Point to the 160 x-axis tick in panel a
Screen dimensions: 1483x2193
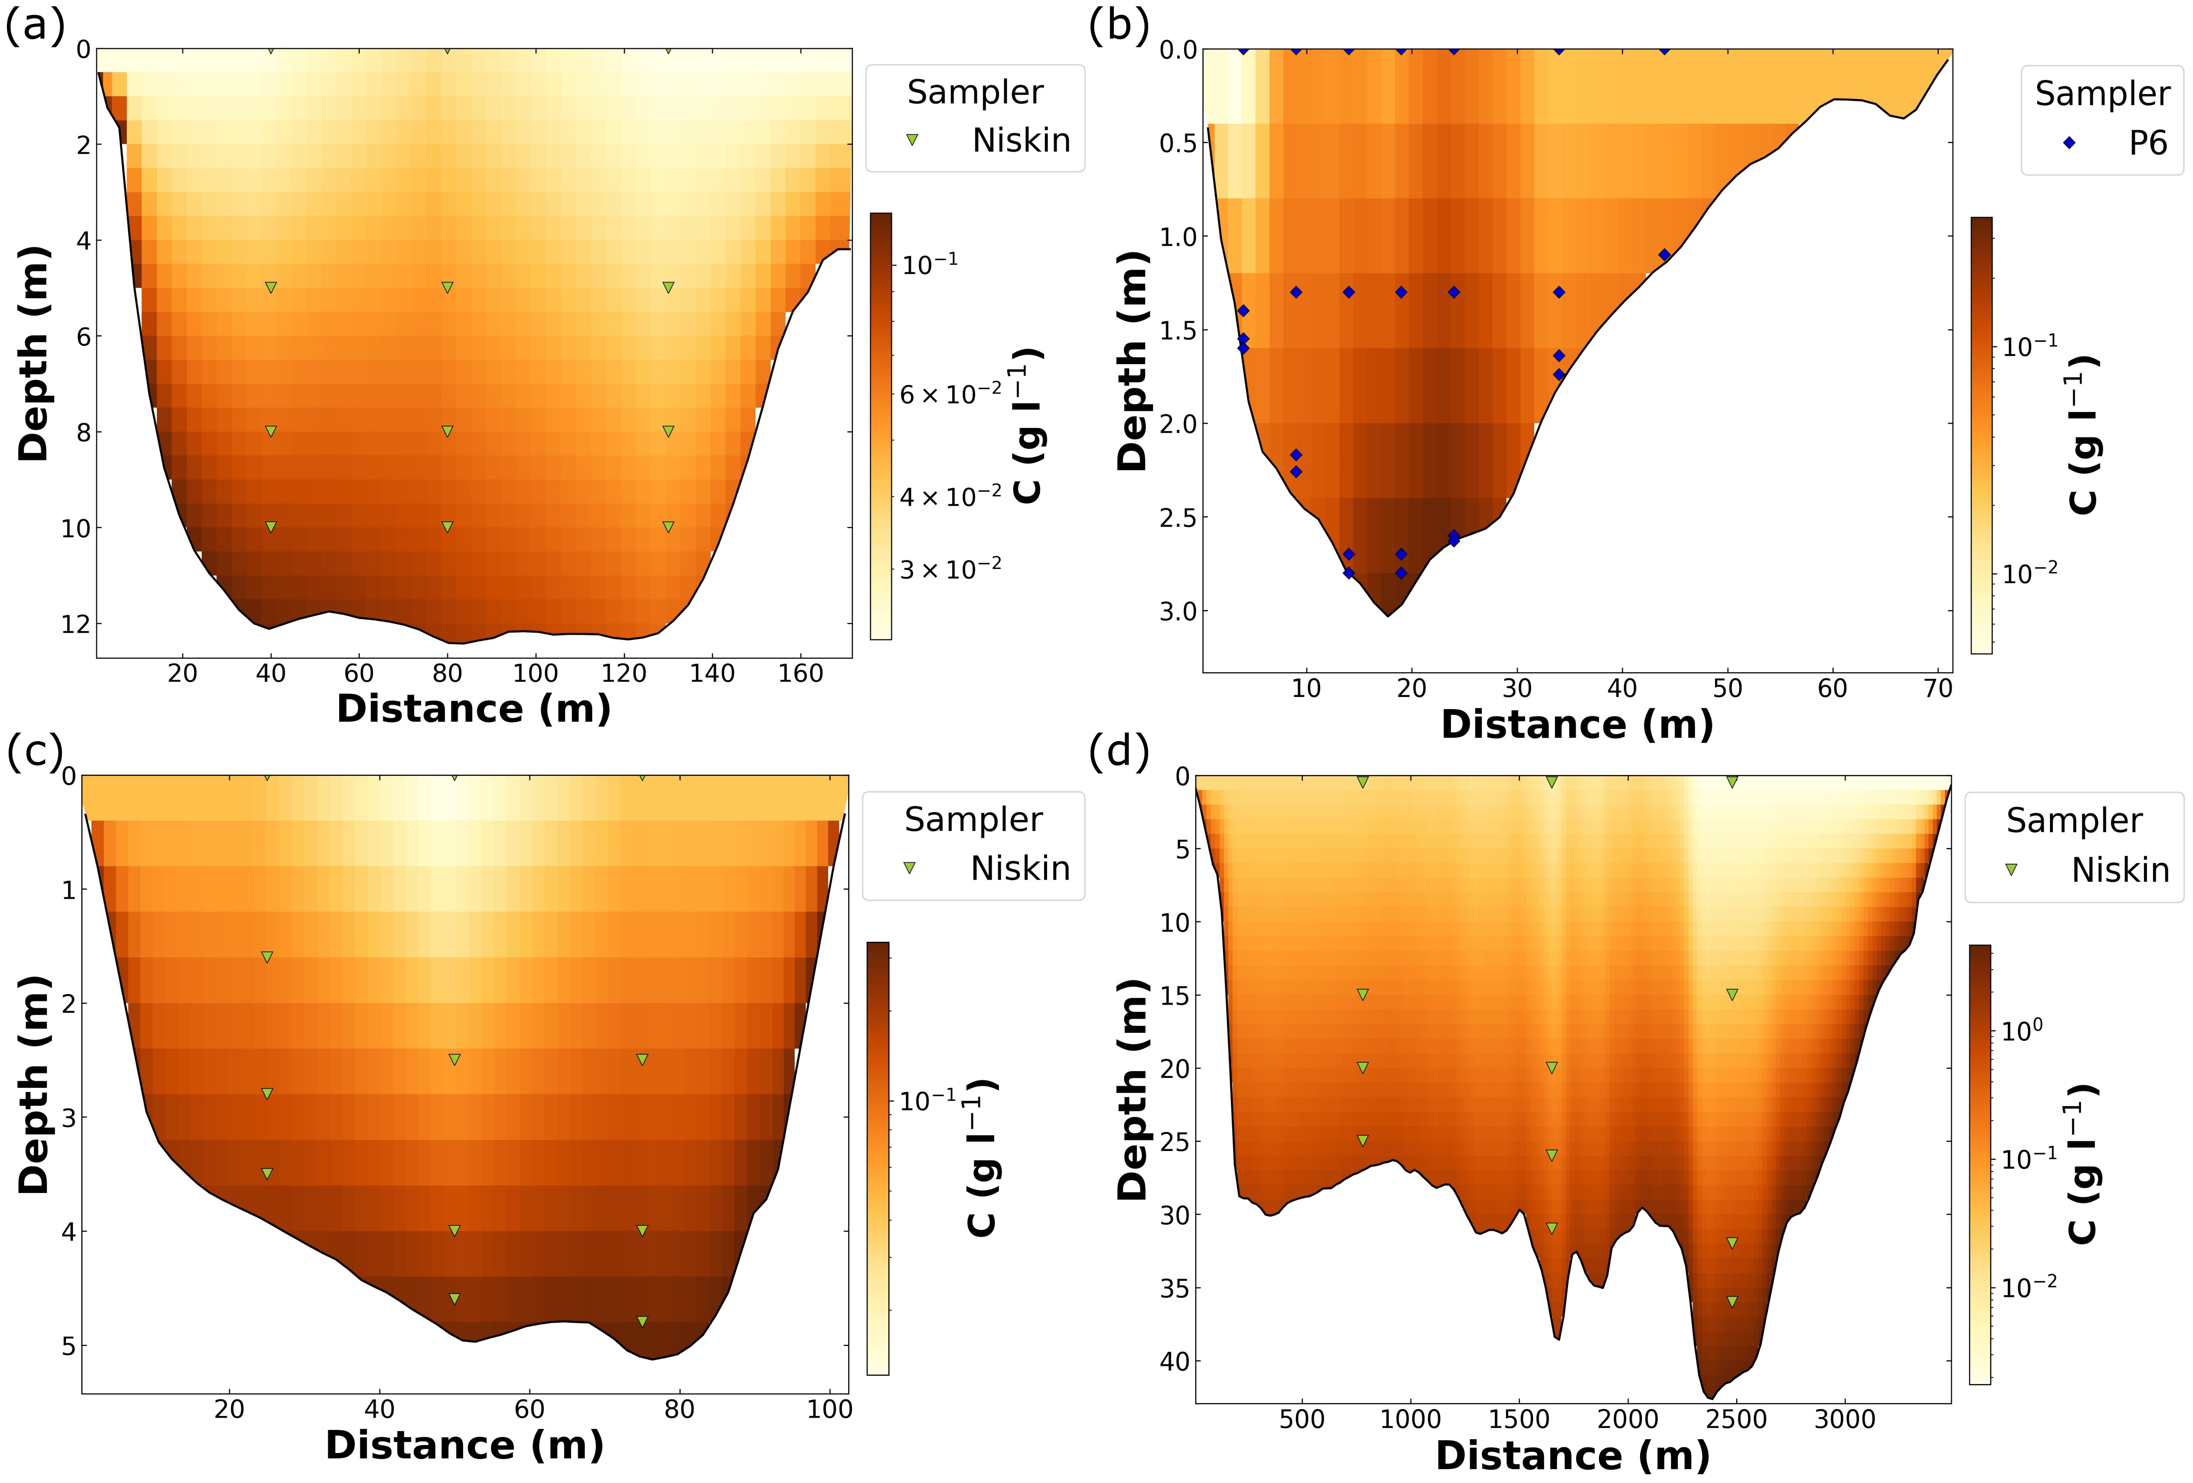tap(800, 673)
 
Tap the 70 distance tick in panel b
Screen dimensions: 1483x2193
tap(1937, 688)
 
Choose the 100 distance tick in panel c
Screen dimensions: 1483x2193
tap(830, 1409)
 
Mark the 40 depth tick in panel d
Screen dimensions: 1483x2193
tap(1175, 1361)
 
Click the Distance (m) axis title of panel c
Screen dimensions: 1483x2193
tap(464, 1445)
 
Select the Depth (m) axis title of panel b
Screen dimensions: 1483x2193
tap(1131, 362)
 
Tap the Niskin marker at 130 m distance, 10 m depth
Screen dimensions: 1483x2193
tap(668, 527)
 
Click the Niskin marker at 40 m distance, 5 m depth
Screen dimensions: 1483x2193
tap(271, 287)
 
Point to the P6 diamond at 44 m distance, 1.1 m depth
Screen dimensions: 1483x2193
tap(1665, 255)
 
